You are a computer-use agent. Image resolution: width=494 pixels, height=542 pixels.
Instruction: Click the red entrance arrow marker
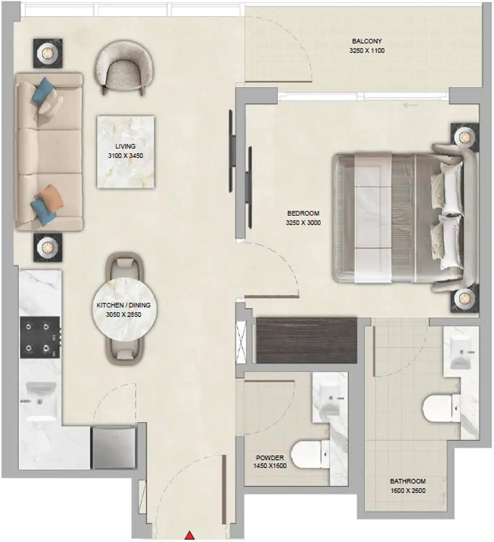190,535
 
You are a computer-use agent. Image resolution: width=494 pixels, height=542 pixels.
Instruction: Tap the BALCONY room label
367,41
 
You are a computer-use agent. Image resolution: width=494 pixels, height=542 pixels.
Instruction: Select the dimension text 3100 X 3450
125,156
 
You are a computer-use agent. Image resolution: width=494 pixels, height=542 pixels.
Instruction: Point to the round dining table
124,309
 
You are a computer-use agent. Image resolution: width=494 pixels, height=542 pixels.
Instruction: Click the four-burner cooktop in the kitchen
39,337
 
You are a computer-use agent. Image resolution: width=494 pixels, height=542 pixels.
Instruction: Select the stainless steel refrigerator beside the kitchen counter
114,448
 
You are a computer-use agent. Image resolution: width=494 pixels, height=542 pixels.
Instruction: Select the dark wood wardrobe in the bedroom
306,340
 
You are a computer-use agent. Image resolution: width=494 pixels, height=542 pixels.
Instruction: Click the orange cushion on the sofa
51,198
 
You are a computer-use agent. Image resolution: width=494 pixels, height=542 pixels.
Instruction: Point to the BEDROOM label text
303,213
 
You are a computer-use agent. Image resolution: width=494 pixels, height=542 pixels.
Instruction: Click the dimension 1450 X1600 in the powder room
270,466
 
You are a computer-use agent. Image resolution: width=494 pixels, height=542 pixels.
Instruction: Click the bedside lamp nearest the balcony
464,137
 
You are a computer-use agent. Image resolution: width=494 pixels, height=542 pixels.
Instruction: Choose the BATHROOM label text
408,481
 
